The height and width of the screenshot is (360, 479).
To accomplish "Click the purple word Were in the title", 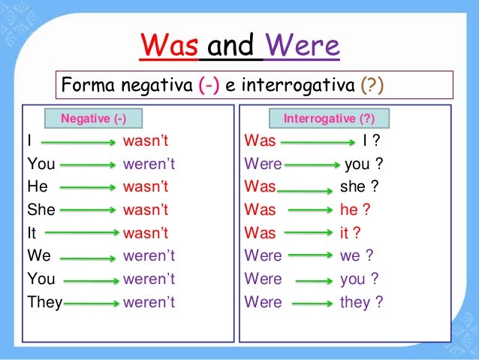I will [x=302, y=47].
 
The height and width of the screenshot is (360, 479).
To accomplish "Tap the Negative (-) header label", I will [x=93, y=119].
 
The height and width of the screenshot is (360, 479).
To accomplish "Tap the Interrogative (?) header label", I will [x=329, y=119].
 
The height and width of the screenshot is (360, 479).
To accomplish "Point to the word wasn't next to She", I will [x=146, y=210].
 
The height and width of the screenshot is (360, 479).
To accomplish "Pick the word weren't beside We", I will [x=149, y=256].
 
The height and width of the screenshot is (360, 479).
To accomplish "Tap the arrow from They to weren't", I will [x=92, y=304].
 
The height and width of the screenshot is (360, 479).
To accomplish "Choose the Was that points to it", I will [x=260, y=234].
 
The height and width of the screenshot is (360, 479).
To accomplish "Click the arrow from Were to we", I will [x=311, y=257].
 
